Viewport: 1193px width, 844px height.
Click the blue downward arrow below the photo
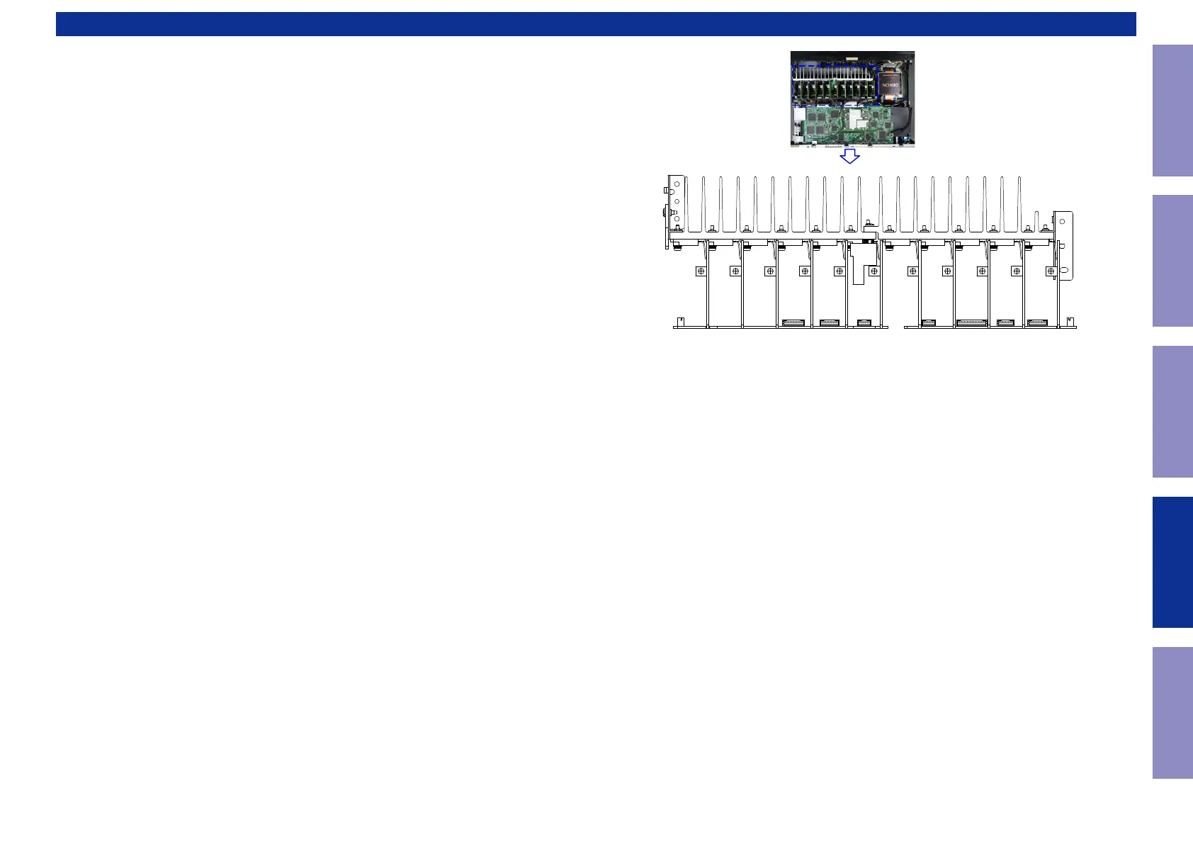(849, 156)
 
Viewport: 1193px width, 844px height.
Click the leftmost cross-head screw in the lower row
(701, 271)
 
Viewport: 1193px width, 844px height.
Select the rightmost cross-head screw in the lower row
(1051, 271)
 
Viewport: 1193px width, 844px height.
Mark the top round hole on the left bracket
(677, 184)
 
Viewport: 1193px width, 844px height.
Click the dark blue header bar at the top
(596, 23)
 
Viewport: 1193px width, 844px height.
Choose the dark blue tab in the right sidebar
(1172, 562)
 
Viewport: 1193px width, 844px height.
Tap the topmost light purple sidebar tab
(1172, 111)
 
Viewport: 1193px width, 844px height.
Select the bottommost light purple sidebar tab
(1172, 712)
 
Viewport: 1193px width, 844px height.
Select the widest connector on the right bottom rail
(971, 323)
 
